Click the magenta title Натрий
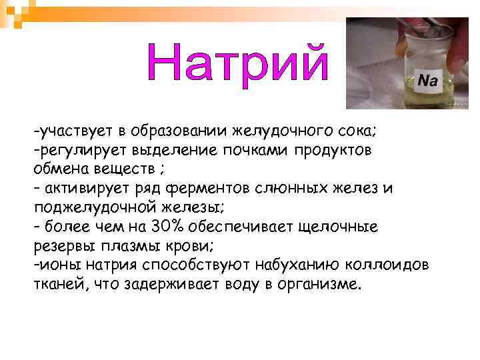click(238, 64)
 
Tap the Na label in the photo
click(427, 81)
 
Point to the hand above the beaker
click(453, 40)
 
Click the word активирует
click(83, 188)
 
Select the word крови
click(193, 246)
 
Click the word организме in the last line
click(317, 285)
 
